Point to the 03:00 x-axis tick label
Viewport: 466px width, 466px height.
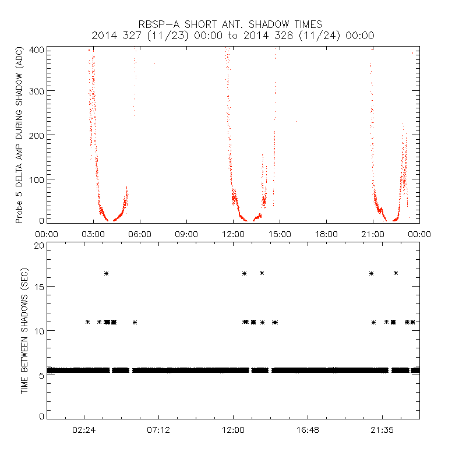[x=93, y=234]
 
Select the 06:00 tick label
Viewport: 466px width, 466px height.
[x=140, y=234]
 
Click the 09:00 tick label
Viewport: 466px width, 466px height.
[x=186, y=234]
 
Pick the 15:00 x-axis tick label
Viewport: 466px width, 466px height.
[x=280, y=234]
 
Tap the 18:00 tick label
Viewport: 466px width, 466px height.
[x=326, y=234]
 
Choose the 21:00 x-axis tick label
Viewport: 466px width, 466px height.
[x=373, y=234]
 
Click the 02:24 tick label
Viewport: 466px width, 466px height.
[x=84, y=430]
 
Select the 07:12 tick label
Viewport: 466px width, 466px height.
[x=158, y=430]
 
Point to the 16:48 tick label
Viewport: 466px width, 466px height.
[x=308, y=430]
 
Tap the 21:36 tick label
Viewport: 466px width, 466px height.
[x=382, y=430]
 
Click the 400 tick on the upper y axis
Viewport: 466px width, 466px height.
[x=36, y=50]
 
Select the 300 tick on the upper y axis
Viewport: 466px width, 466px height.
[x=36, y=91]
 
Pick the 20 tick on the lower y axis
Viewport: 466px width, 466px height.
[x=39, y=246]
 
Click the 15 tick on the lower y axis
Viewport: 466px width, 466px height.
[x=39, y=287]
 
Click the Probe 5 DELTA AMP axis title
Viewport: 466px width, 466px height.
[x=19, y=135]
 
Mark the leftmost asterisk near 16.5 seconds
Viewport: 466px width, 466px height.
[x=106, y=273]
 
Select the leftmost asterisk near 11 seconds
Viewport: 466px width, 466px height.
[x=87, y=322]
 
